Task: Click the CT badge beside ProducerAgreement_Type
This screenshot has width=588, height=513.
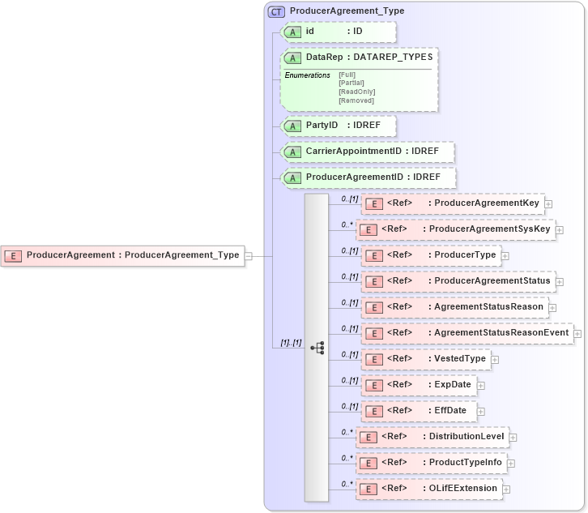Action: [275, 11]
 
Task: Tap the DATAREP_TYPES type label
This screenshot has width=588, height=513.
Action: [393, 57]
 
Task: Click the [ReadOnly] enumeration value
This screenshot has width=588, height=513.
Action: [356, 92]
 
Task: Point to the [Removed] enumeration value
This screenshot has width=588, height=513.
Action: [356, 100]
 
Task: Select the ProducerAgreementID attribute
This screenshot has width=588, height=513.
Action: [368, 177]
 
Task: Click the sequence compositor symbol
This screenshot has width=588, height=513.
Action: [317, 347]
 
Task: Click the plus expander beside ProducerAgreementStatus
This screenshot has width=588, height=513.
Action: [559, 282]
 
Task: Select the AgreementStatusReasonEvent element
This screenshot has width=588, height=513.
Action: [467, 333]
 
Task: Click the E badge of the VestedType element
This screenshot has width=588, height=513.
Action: [373, 359]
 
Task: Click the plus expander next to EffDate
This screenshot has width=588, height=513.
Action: [481, 411]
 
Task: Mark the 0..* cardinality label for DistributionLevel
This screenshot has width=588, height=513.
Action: [347, 432]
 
